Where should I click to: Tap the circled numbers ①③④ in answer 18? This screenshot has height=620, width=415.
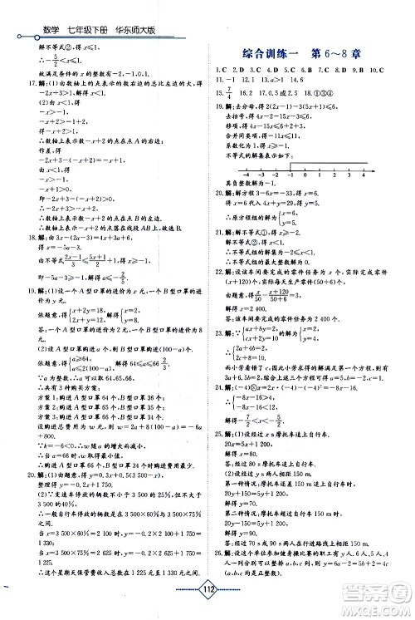(329, 84)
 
